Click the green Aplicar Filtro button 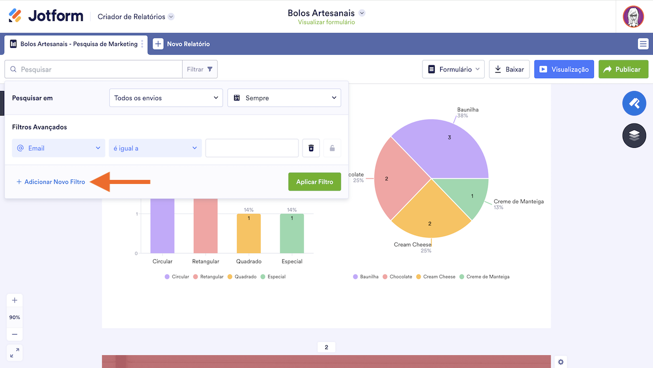(314, 181)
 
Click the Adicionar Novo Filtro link (51, 182)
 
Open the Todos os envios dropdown (166, 98)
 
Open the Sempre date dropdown (284, 98)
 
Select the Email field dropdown (59, 148)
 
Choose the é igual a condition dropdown (155, 148)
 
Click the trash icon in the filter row (311, 148)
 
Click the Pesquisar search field (97, 70)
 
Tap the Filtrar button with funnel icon (200, 70)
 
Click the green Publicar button (623, 70)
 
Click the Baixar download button (509, 70)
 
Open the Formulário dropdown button (453, 70)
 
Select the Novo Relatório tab (182, 44)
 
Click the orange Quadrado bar (248, 233)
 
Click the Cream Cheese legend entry (436, 277)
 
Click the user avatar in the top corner (633, 16)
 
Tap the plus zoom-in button (14, 300)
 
